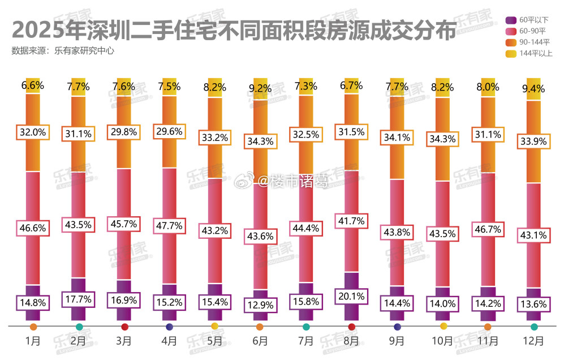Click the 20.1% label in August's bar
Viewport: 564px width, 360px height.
point(351,295)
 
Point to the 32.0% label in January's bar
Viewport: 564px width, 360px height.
point(33,132)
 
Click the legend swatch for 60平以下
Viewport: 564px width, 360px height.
point(509,19)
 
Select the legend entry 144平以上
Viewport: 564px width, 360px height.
point(535,53)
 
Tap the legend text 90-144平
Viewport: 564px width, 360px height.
point(535,42)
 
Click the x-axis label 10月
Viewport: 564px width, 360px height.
point(442,341)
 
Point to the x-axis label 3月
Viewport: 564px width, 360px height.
point(124,341)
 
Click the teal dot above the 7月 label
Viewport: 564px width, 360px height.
point(306,327)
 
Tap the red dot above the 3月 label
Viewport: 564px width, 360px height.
point(124,327)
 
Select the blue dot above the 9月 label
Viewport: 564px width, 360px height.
point(397,327)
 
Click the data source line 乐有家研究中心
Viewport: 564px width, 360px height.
point(84,50)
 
